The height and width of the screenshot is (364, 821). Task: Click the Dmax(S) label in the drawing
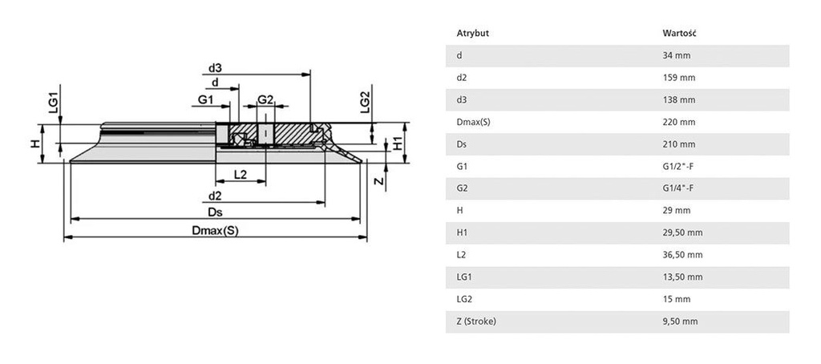point(216,230)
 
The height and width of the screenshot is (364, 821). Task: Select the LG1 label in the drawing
point(54,102)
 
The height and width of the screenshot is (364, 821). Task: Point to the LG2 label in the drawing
point(366,103)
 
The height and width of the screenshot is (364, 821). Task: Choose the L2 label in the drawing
point(239,174)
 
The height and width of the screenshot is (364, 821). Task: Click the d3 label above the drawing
point(214,68)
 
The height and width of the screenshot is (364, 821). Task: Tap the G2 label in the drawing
point(266,99)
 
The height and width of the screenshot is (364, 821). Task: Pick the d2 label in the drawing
point(214,195)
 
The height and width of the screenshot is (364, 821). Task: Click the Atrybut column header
point(473,33)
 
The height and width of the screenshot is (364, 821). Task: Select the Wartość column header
point(678,33)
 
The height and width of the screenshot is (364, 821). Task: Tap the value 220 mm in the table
point(678,122)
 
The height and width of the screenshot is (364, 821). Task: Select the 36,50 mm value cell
point(682,255)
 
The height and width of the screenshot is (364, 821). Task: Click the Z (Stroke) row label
point(477,322)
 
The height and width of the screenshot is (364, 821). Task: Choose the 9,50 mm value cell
point(680,322)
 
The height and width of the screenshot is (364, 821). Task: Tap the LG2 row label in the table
point(464,299)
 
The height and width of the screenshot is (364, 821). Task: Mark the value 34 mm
point(676,55)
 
